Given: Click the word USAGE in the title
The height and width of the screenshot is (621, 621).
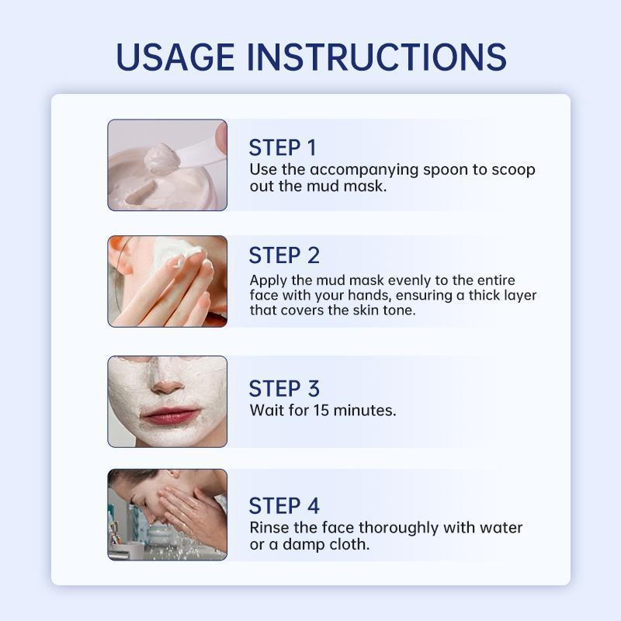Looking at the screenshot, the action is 175,57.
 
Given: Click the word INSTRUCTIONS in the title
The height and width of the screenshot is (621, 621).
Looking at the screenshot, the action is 377,57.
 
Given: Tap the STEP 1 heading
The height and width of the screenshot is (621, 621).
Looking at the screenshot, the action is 283,147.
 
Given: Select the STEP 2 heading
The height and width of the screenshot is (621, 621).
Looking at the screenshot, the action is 284,255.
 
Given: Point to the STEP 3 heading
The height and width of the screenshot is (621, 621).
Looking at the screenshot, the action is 284,389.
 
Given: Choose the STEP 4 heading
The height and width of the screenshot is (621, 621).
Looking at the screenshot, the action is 284,506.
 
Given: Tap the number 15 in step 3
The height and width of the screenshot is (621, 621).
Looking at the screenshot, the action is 321,411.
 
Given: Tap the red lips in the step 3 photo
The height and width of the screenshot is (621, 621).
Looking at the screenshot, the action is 169,415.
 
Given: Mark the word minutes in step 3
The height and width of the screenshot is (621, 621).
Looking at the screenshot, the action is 365,411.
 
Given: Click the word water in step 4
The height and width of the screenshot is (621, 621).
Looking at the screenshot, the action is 501,528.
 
